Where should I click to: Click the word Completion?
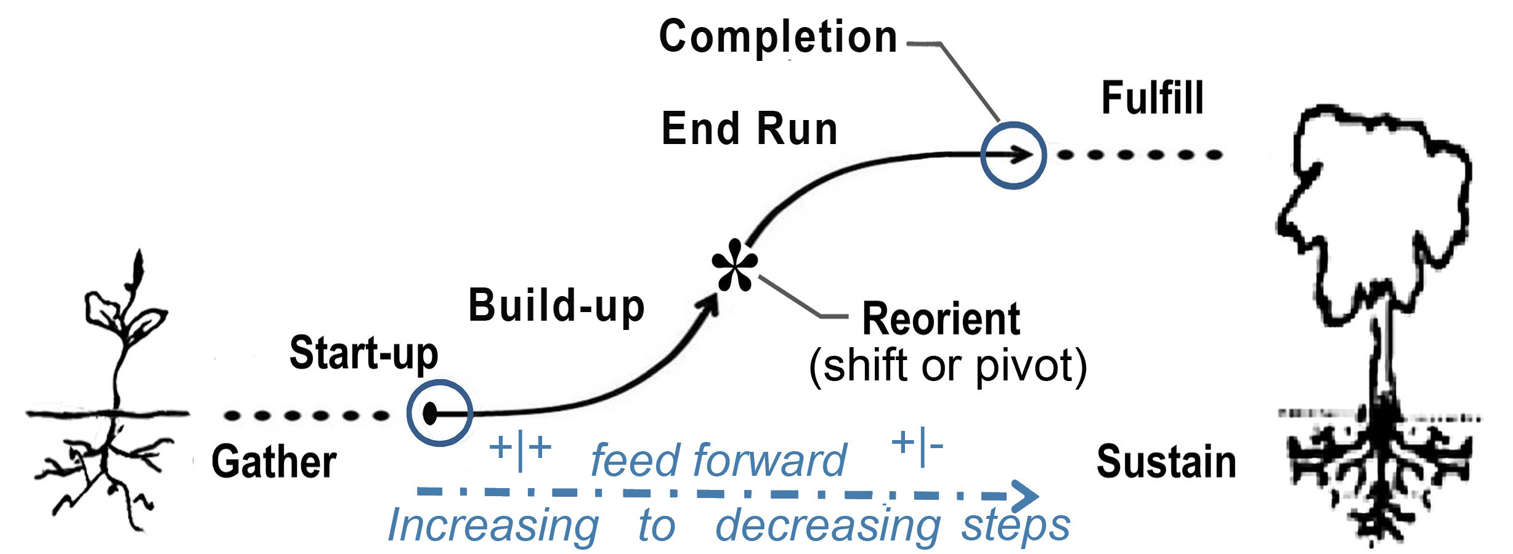(778, 37)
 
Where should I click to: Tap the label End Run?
(749, 129)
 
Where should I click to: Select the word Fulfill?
(1152, 98)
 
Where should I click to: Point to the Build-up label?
(556, 306)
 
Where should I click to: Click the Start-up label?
(363, 354)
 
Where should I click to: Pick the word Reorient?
(941, 319)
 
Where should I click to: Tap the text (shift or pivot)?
(947, 366)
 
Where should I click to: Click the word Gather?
(274, 462)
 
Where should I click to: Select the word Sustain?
(1166, 462)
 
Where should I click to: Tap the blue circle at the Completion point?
(1013, 155)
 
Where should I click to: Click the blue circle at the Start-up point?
(439, 412)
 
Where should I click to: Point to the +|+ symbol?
(519, 448)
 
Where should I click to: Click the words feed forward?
(718, 460)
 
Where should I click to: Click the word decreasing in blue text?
(827, 526)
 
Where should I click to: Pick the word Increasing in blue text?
(493, 526)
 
